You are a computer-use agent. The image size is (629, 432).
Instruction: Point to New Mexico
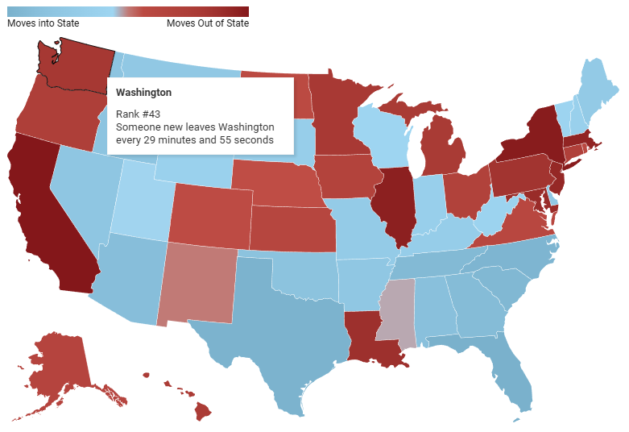(x=197, y=282)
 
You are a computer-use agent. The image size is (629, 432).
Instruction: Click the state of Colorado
(x=209, y=214)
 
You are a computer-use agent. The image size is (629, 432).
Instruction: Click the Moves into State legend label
(x=43, y=23)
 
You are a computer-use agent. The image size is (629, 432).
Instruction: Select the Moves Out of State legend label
(x=208, y=23)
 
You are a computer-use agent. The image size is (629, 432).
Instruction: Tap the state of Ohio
(x=467, y=193)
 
